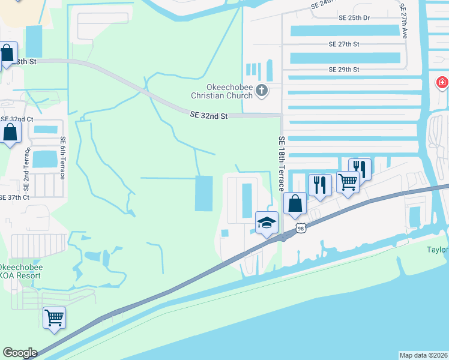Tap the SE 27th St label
(344, 44)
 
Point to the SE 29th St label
(344, 70)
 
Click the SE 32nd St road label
(209, 115)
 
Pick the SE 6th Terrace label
(62, 157)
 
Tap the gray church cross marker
(261, 91)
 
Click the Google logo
(20, 353)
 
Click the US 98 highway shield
(300, 228)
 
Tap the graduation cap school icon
(267, 224)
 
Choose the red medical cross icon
(442, 82)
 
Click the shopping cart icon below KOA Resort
(55, 317)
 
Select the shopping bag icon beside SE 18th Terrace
(295, 203)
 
